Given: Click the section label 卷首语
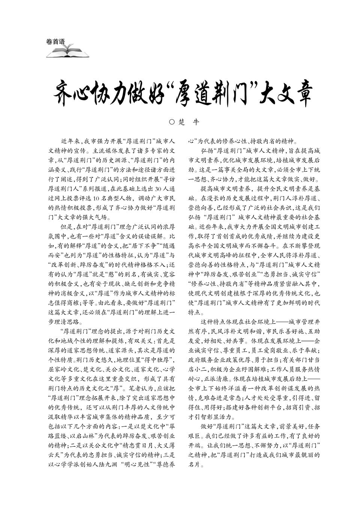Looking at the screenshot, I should [x=55, y=42].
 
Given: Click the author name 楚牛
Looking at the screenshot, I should [x=189, y=122].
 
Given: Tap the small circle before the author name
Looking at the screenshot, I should [x=172, y=122].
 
